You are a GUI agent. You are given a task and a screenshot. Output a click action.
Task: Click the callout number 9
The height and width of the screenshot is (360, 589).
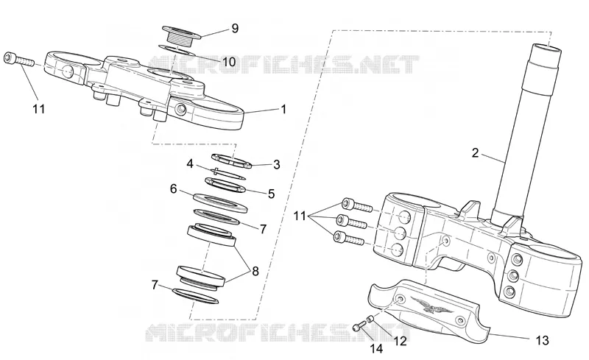235,29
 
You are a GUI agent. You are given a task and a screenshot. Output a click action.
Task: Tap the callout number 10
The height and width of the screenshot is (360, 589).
229,61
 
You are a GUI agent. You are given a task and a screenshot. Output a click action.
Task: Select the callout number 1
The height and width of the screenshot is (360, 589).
283,110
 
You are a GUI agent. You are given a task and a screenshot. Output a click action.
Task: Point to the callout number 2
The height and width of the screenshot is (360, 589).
475,153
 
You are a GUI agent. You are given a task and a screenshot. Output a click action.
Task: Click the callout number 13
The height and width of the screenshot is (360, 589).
542,340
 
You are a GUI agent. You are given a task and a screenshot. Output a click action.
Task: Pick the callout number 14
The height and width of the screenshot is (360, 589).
376,349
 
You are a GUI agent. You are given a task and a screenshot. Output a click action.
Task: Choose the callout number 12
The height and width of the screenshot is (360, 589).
400,341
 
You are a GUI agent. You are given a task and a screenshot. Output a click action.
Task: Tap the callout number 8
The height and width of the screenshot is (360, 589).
255,271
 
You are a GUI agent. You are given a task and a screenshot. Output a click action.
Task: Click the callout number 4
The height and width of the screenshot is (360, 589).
190,164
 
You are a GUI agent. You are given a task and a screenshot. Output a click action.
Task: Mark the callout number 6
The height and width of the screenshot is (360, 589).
173,188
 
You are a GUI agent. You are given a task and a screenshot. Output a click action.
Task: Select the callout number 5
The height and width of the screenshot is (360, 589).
271,194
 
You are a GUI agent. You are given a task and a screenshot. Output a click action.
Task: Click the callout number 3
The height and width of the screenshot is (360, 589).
277,165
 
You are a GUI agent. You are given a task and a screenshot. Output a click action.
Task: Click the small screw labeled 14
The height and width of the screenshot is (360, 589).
359,326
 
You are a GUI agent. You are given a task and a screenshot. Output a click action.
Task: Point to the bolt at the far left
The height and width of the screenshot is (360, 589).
18,60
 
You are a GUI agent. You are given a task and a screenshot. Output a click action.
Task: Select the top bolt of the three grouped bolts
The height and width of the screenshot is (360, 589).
357,205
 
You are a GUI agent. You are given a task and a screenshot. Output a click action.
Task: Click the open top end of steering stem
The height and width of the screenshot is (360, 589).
546,48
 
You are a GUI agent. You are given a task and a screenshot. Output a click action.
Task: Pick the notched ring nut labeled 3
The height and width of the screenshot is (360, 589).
231,159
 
